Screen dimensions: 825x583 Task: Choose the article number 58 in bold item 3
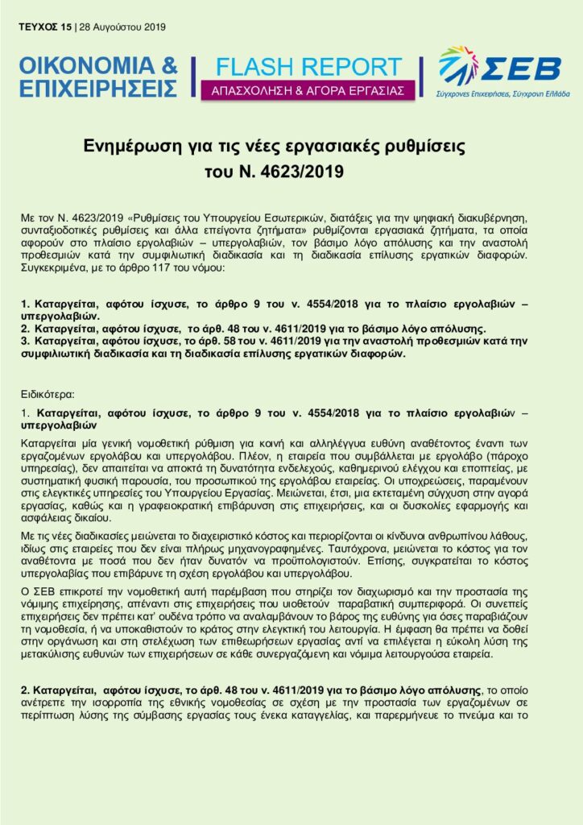(230, 342)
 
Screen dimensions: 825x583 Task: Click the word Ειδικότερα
(48, 395)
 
